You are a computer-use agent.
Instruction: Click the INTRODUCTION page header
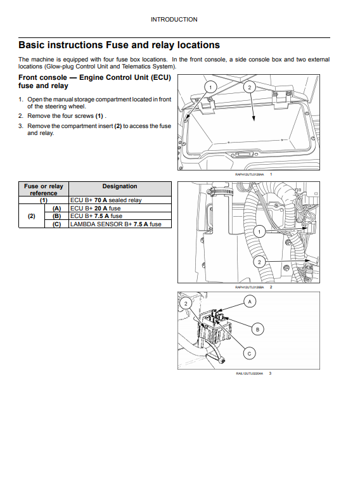click(174, 20)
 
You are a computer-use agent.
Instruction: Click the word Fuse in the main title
click(118, 45)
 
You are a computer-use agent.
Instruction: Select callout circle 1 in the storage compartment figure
click(210, 87)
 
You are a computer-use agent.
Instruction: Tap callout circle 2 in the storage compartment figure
click(250, 87)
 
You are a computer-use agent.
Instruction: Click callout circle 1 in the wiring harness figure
click(259, 231)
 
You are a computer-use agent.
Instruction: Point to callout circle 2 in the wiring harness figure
click(259, 262)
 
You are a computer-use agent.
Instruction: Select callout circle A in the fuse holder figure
click(250, 302)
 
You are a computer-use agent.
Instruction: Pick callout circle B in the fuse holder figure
click(258, 329)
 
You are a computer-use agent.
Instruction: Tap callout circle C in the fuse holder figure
click(250, 353)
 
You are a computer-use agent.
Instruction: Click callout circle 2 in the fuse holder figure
click(186, 304)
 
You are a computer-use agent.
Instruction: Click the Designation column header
click(120, 186)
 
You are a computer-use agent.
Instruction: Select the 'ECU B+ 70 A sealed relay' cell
click(106, 200)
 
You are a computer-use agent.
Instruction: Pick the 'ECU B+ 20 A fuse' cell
click(96, 209)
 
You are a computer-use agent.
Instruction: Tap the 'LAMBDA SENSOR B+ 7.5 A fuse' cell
click(116, 224)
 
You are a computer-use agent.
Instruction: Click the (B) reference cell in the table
click(56, 216)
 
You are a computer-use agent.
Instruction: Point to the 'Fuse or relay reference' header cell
click(44, 190)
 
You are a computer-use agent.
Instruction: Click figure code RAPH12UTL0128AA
click(250, 174)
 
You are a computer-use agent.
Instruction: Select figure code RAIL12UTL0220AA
click(250, 373)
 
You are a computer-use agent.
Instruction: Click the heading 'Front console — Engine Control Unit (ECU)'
click(94, 77)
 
